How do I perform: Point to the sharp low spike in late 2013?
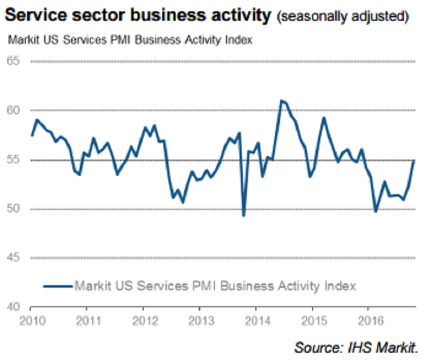tap(244, 215)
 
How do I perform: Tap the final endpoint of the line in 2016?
tap(414, 161)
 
